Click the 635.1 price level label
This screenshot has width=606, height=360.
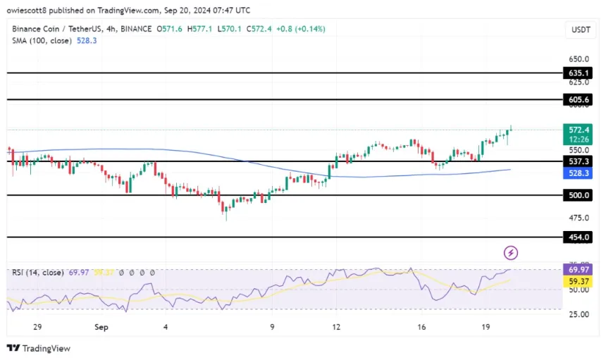pyautogui.click(x=578, y=73)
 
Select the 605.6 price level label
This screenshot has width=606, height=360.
pyautogui.click(x=578, y=100)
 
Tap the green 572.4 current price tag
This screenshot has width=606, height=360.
pyautogui.click(x=578, y=130)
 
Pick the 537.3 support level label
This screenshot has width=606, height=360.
pyautogui.click(x=578, y=161)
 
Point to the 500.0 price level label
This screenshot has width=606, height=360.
pyautogui.click(x=578, y=195)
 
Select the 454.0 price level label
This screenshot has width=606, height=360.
pyautogui.click(x=578, y=237)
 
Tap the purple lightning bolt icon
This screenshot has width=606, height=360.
pyautogui.click(x=511, y=252)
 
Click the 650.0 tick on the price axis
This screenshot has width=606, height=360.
pyautogui.click(x=578, y=59)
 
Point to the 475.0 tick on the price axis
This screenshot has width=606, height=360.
pyautogui.click(x=578, y=218)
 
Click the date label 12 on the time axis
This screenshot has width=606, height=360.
pyautogui.click(x=338, y=327)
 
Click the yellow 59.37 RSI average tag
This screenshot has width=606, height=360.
pyautogui.click(x=578, y=280)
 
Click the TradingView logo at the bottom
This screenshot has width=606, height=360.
pyautogui.click(x=39, y=348)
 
